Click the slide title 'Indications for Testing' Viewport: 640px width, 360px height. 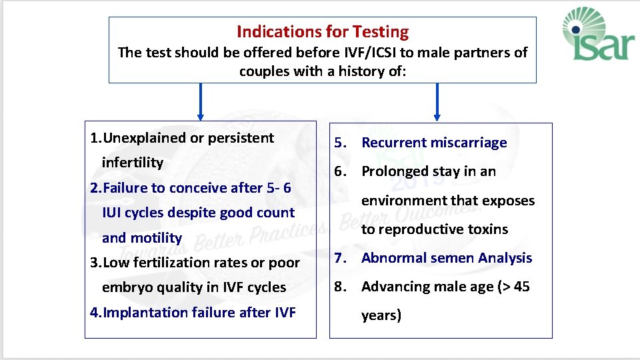323,31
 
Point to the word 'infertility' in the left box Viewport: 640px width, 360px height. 132,163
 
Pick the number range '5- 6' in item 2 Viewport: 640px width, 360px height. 278,188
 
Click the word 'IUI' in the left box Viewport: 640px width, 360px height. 113,213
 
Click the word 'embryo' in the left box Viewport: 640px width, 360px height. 125,287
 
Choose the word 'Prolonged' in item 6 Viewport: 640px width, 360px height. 393,171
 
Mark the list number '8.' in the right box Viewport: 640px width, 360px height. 341,287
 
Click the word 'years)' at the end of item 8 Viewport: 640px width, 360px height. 381,315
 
